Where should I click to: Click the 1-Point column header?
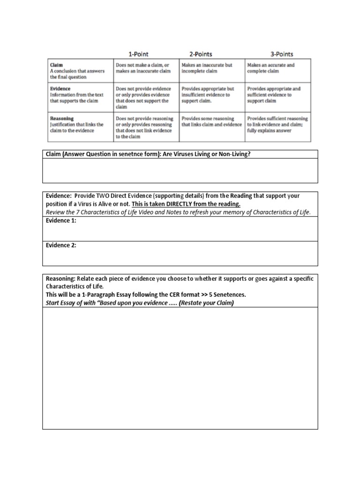(139, 54)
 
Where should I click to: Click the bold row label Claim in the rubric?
(57, 65)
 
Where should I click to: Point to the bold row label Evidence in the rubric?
(60, 89)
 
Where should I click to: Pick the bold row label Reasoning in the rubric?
(62, 119)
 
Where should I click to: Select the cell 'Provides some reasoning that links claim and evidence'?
(211, 122)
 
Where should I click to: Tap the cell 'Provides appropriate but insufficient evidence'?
(211, 94)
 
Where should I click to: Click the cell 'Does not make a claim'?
(145, 68)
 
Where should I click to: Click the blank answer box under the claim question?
(180, 171)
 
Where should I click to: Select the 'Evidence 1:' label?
(61, 221)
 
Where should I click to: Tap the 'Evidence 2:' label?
(61, 245)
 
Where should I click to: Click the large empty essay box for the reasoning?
(180, 368)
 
